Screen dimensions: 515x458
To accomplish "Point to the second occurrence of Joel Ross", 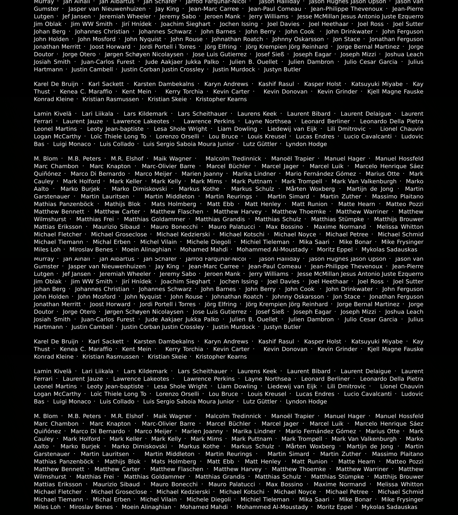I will (370, 281).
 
